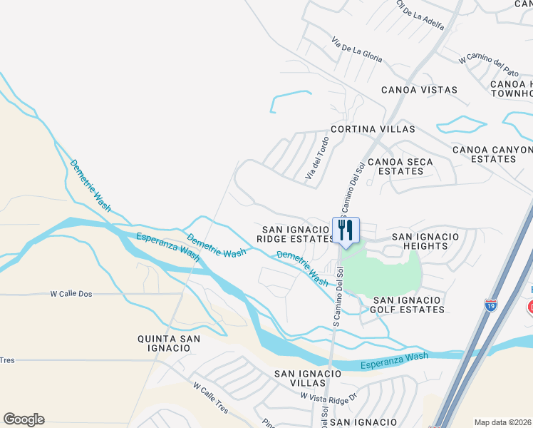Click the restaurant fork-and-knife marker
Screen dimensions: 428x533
coord(346,230)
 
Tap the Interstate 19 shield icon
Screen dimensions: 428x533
coord(490,304)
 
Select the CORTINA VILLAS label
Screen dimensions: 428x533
coord(372,130)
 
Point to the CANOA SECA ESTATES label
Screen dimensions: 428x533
coord(400,166)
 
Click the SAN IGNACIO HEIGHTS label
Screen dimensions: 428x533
coord(420,240)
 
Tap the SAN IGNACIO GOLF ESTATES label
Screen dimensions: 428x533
coord(409,305)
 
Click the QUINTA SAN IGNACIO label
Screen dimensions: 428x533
coord(164,342)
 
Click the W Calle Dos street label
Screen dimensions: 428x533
coord(73,293)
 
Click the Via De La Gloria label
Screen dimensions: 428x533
coord(357,50)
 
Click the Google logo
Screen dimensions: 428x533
coord(24,419)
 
